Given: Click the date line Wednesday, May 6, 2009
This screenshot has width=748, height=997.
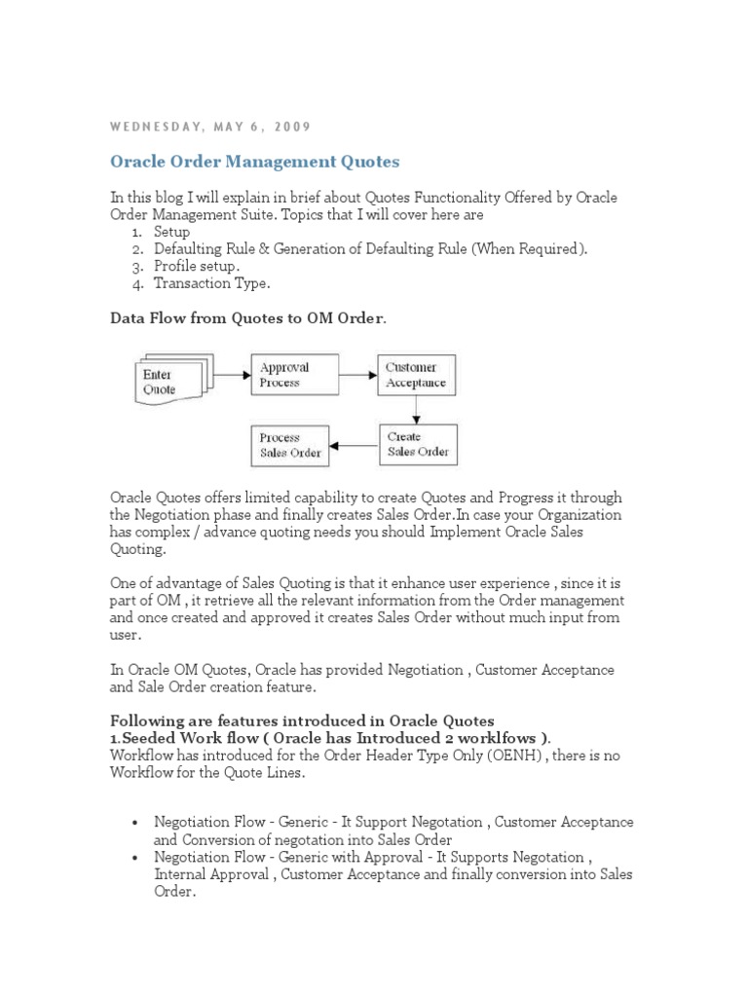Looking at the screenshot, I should coord(210,127).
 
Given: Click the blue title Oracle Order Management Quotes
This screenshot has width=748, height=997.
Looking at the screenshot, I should coord(255,161).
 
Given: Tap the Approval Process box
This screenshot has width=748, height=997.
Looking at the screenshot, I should coord(295,375).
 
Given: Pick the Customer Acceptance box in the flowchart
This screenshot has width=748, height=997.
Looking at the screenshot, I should coord(416,375).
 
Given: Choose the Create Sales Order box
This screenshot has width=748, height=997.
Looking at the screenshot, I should coord(417,445).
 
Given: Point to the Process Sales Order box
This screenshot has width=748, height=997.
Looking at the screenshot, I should coord(287,445).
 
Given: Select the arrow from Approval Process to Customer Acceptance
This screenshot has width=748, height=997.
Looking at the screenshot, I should coord(358,374).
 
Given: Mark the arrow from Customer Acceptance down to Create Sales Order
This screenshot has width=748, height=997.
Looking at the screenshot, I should coord(416,410).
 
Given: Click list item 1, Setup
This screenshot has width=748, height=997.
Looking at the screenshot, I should coord(171,233).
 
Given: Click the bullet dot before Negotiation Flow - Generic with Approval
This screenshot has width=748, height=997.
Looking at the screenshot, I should coord(134,858).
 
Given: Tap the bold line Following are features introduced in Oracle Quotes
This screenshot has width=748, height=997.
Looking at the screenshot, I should coord(302,720).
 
